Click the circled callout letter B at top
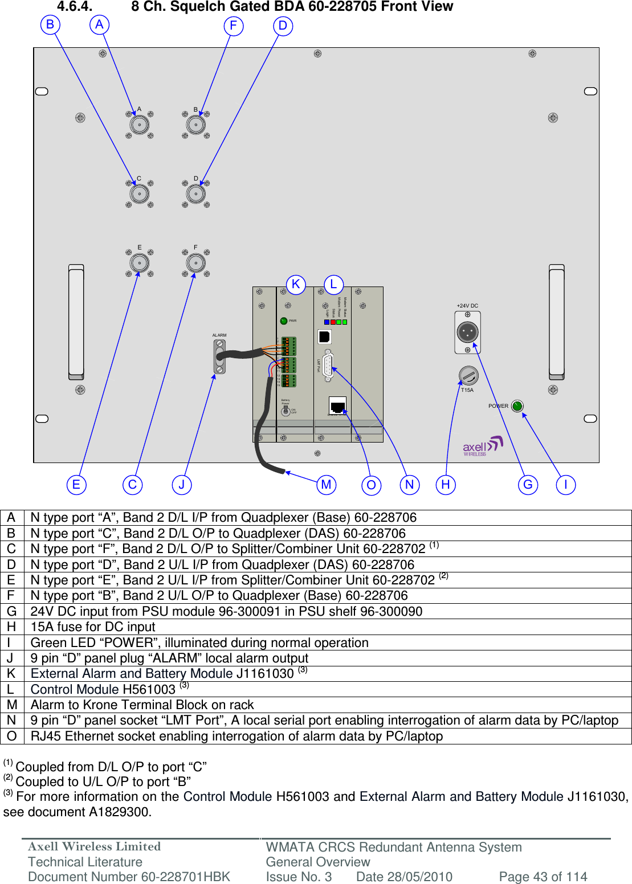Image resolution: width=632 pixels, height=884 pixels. [x=50, y=24]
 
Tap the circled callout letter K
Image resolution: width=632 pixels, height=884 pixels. [x=296, y=284]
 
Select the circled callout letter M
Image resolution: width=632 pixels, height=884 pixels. [x=326, y=485]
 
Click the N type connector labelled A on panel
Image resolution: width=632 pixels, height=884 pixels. [x=140, y=125]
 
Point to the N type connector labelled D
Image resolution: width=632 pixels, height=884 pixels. [x=196, y=194]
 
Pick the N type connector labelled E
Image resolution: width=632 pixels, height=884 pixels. [x=140, y=263]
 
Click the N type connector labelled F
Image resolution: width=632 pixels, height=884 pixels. [x=196, y=263]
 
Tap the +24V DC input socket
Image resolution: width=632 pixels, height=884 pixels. [x=468, y=331]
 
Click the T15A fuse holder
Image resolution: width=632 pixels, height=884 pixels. [x=468, y=375]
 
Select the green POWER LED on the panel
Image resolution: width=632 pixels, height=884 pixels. [x=517, y=406]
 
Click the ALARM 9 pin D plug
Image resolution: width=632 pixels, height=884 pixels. [x=219, y=357]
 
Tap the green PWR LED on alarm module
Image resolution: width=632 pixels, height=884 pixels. [x=284, y=321]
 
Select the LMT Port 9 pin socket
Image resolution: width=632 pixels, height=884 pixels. [x=328, y=366]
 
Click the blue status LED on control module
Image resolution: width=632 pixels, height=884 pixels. [x=327, y=322]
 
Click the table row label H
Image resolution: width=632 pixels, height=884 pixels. [x=12, y=627]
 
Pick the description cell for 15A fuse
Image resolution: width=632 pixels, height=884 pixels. [x=93, y=627]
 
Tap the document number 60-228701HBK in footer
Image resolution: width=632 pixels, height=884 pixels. [x=129, y=877]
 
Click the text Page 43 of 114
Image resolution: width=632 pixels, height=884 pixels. [x=543, y=877]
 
